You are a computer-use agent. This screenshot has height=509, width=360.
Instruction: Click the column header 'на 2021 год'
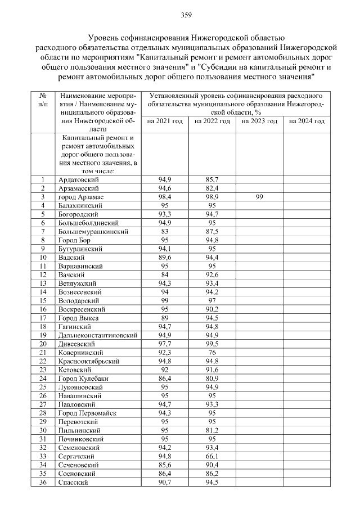pyautogui.click(x=165, y=121)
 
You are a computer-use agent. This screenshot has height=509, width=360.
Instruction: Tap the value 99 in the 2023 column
pyautogui.click(x=259, y=197)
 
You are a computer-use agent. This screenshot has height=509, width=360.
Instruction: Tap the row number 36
pyautogui.click(x=42, y=482)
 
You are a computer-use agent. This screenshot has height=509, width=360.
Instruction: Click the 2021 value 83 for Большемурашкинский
pyautogui.click(x=165, y=232)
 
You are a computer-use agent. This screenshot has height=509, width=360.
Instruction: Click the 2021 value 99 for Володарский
pyautogui.click(x=165, y=300)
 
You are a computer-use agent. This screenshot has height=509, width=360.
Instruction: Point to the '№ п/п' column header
pyautogui.click(x=42, y=100)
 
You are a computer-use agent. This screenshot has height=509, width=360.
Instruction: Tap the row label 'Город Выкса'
pyautogui.click(x=79, y=318)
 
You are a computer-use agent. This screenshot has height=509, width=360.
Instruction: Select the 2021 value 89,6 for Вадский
pyautogui.click(x=165, y=258)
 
